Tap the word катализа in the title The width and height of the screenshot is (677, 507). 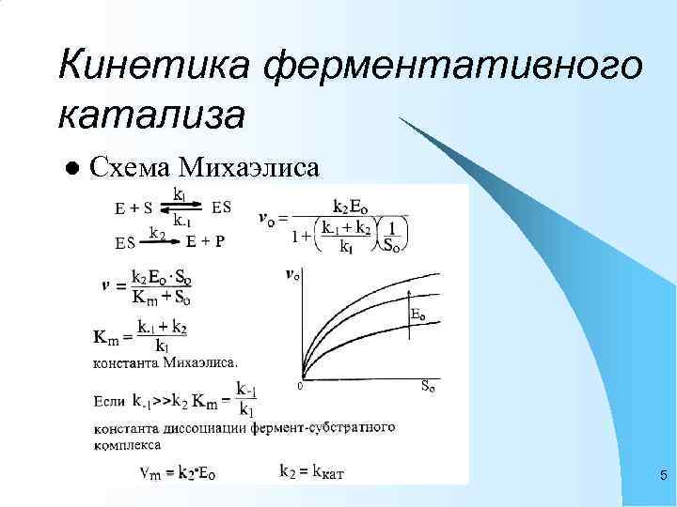point(152,115)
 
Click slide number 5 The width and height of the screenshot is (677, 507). point(662,476)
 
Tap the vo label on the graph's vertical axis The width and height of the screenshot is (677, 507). point(293,274)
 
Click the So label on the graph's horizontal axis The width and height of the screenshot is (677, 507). point(428,385)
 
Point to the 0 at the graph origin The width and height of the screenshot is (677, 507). point(299,385)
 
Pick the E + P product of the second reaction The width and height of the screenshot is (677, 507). point(205,241)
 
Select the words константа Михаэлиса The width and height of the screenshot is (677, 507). point(165,360)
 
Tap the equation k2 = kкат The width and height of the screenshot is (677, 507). point(312,472)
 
